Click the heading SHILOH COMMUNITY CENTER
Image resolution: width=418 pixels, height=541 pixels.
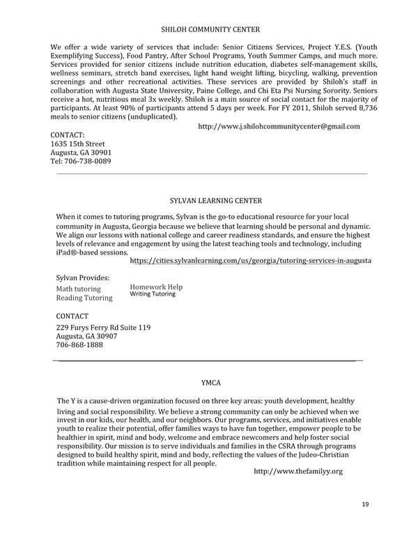click(x=210, y=29)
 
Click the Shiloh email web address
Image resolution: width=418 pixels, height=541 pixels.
click(x=279, y=126)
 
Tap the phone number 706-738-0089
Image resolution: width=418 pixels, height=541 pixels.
click(x=81, y=161)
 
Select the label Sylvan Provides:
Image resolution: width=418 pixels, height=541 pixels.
click(x=82, y=277)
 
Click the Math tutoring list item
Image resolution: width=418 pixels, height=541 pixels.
click(x=78, y=289)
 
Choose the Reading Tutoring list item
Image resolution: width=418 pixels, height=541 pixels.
click(x=84, y=298)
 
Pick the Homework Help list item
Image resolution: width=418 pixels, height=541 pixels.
click(x=156, y=287)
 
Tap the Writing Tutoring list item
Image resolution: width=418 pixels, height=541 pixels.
click(x=153, y=294)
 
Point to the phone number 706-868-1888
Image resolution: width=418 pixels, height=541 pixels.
click(x=79, y=344)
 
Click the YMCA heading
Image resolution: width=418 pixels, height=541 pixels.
click(x=211, y=383)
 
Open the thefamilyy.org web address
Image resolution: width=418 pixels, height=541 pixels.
click(x=298, y=472)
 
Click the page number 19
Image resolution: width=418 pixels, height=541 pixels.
click(x=366, y=503)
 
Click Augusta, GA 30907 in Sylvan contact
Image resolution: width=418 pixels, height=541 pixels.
click(x=84, y=336)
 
